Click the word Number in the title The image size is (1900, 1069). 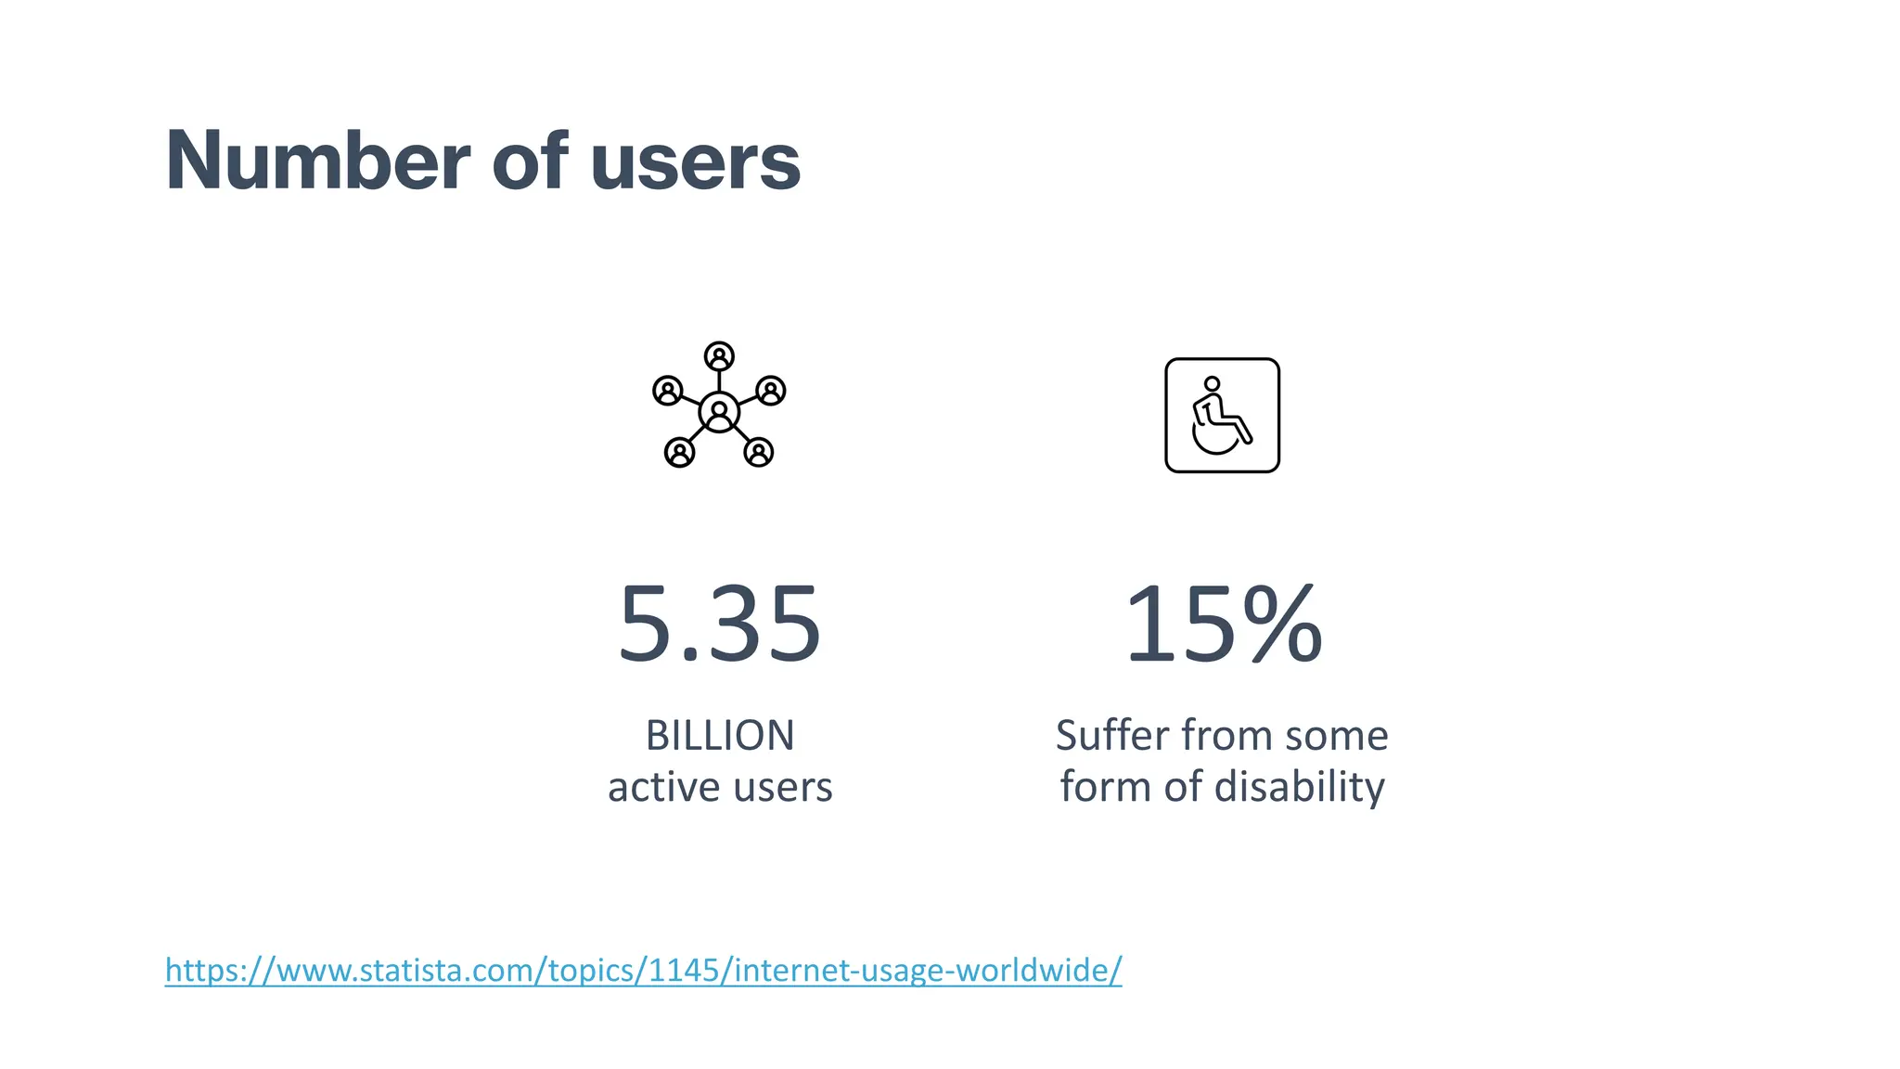[x=317, y=161]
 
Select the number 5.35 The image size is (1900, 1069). [x=719, y=624]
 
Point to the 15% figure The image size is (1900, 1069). [x=1222, y=624]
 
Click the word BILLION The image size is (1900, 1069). [x=720, y=736]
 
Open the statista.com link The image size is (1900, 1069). [x=643, y=970]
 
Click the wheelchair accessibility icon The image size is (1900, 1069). [x=1222, y=415]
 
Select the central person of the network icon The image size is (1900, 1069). [x=719, y=412]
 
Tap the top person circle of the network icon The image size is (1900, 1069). [x=719, y=356]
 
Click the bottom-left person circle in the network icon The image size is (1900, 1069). [x=679, y=453]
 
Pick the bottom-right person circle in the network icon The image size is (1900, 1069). [x=759, y=453]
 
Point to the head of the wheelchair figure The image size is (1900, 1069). [x=1212, y=384]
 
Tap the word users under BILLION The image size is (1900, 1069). [x=783, y=787]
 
